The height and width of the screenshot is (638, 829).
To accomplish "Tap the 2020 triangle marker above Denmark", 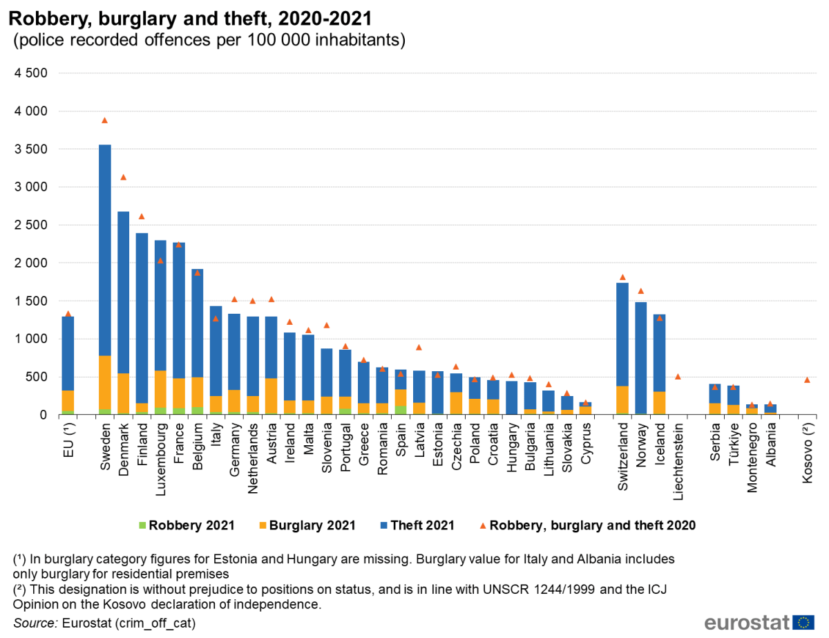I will pyautogui.click(x=123, y=178).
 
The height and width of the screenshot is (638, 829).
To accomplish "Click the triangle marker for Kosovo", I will pyautogui.click(x=806, y=380).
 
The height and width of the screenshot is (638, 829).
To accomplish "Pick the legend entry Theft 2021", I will pyautogui.click(x=417, y=525).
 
